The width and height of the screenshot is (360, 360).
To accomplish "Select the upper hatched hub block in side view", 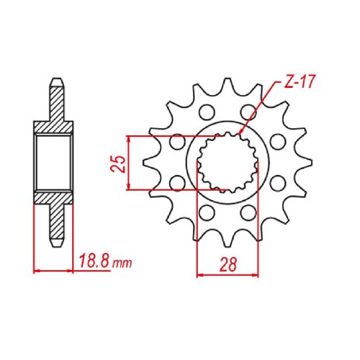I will (53, 128).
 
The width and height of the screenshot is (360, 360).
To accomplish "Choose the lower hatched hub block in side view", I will (53, 195).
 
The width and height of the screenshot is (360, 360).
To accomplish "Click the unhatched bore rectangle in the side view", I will (53, 162).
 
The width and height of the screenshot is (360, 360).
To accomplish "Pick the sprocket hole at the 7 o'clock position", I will (207, 212).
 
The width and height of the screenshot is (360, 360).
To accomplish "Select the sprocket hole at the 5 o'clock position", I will (249, 212).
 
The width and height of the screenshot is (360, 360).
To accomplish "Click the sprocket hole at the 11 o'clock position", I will (207, 112).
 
